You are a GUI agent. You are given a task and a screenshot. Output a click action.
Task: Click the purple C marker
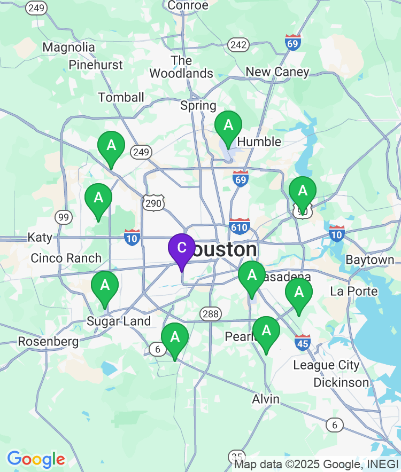click(181, 248)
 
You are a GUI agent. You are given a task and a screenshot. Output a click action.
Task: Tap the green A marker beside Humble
click(228, 126)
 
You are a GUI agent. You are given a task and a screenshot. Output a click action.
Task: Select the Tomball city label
click(121, 97)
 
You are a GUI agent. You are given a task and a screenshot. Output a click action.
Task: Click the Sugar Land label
click(119, 321)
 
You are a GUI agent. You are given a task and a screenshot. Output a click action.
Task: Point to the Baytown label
click(369, 260)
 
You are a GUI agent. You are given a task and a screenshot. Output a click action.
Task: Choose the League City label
click(326, 366)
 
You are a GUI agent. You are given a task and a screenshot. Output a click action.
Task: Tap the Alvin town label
click(266, 399)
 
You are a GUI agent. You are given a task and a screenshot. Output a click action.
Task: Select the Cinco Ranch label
click(66, 258)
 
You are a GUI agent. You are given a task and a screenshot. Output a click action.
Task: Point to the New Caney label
click(277, 72)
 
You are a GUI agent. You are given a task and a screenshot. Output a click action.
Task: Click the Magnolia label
click(68, 47)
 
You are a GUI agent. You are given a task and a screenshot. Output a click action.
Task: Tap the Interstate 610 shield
click(240, 226)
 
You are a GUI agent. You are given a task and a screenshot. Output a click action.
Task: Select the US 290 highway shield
click(153, 202)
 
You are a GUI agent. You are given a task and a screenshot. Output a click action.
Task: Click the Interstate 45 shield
click(303, 342)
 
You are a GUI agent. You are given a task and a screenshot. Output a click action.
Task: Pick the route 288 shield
click(211, 313)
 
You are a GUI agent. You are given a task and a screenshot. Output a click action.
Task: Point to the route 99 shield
click(63, 217)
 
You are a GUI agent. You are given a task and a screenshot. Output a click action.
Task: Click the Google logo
click(36, 459)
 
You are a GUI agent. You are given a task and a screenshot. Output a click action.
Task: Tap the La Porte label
click(354, 292)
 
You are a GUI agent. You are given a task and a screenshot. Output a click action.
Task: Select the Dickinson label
click(341, 383)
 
